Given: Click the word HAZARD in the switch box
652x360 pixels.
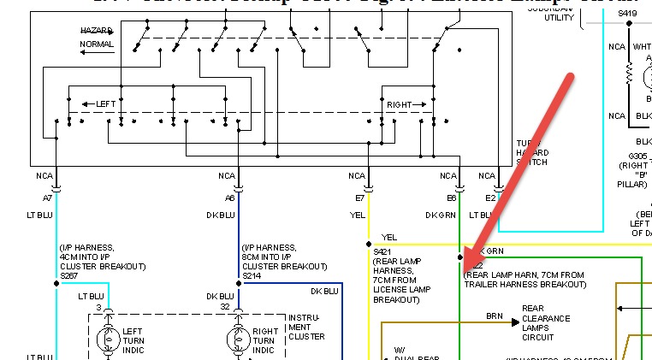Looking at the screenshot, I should tap(96, 31).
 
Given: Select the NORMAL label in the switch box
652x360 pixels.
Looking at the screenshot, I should tap(96, 44).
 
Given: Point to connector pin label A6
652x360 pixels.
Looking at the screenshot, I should tap(230, 198).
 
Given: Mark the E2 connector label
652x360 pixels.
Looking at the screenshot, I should tap(490, 198).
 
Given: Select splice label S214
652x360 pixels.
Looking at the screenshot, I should tap(252, 276).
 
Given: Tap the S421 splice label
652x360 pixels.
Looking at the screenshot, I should tap(382, 251).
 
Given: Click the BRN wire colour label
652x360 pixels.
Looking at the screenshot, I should tap(495, 316).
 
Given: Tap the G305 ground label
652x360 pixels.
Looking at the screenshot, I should tap(638, 157).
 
